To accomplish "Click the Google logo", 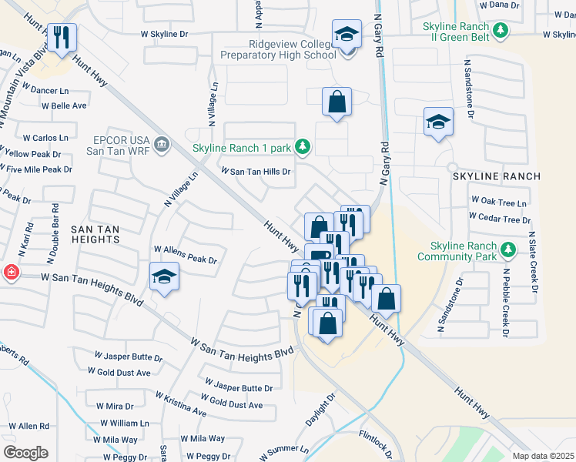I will (x=25, y=453).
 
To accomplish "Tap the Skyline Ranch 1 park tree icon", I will (x=304, y=146).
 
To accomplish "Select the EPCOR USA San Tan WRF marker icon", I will (x=162, y=144).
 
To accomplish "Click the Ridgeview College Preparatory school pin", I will (x=347, y=35).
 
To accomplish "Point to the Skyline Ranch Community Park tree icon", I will (x=507, y=249).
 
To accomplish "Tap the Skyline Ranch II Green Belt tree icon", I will (x=501, y=31).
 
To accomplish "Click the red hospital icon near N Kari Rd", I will (x=10, y=273).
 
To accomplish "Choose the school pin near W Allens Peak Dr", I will (x=164, y=277).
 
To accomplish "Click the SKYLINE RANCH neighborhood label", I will (x=496, y=176).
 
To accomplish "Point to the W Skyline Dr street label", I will (x=163, y=35).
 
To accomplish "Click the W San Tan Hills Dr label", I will (x=256, y=172).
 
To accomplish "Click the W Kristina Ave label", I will (x=181, y=403).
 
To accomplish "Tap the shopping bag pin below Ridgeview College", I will (x=337, y=102).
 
